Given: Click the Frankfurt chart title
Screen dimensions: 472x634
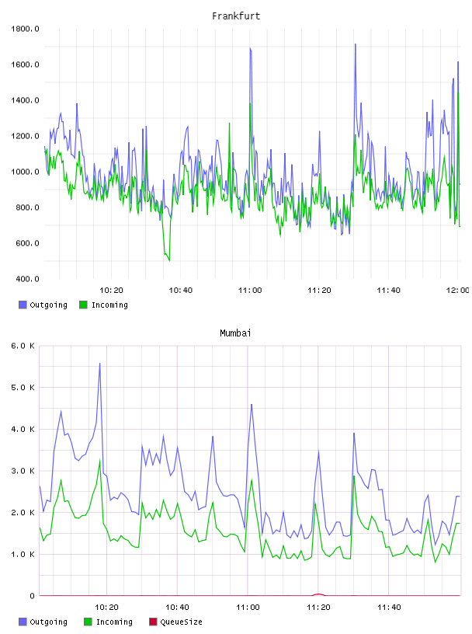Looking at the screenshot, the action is coord(236,16).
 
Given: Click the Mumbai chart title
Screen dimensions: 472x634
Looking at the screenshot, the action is coord(235,333).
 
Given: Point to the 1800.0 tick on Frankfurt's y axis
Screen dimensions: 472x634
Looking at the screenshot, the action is coord(25,29).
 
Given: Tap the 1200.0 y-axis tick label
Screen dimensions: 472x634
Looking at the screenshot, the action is coord(25,136).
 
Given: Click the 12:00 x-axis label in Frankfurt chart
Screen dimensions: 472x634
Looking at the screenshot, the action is coord(457,291).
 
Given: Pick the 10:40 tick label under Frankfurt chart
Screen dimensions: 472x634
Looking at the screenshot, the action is coord(181,291).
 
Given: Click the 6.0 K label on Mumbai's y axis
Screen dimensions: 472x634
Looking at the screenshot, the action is coord(23,346).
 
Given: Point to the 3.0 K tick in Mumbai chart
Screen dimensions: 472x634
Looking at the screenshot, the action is coord(23,471).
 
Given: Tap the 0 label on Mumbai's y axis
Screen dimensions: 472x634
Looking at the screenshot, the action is coord(32,596).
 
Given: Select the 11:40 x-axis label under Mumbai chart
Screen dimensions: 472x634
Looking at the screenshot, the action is coord(389,608).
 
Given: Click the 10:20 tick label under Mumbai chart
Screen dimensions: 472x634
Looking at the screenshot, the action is coord(106,608).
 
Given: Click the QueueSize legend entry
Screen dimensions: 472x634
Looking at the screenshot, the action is coord(175,622).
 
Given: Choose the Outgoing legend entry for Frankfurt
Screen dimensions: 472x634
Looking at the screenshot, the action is coord(43,305).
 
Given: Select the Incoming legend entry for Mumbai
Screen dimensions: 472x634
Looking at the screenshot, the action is coord(109,622).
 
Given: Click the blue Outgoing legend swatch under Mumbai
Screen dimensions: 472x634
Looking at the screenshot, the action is coord(23,622).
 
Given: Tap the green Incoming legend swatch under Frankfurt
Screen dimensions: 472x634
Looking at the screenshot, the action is coord(83,305).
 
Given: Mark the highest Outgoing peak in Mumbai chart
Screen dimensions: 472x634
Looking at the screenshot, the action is coord(100,364).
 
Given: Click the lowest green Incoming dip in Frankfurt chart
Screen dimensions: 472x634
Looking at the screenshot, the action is coord(169,260).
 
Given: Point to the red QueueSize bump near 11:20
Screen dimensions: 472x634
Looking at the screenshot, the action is coord(318,594).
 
